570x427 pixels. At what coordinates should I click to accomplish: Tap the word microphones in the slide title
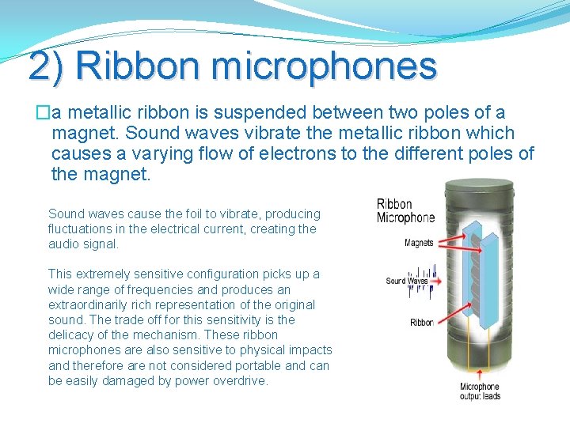(x=325, y=66)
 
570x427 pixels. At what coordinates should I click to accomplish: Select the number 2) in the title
(x=49, y=66)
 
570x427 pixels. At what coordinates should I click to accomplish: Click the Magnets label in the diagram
(x=419, y=243)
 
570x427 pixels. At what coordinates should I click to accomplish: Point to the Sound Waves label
(x=405, y=281)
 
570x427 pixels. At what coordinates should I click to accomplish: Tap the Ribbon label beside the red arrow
(x=421, y=322)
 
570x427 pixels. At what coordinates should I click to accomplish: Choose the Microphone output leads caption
(x=480, y=391)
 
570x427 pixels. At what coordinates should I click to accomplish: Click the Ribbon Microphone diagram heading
(x=405, y=211)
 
